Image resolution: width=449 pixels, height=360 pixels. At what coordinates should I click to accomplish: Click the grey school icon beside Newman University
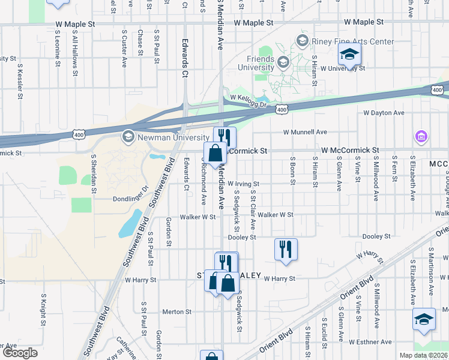(x=127, y=137)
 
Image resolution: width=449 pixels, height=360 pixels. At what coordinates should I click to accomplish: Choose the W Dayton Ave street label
(x=384, y=113)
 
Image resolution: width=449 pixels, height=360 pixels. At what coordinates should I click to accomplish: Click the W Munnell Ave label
(x=309, y=132)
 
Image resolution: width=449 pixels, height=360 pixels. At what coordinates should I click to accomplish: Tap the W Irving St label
(x=243, y=184)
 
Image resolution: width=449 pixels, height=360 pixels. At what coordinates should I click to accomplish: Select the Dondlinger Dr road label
(x=130, y=197)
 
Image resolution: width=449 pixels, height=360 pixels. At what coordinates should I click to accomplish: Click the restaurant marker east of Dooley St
(x=286, y=249)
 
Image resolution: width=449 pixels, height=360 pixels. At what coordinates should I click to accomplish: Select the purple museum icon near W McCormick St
(x=421, y=137)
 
